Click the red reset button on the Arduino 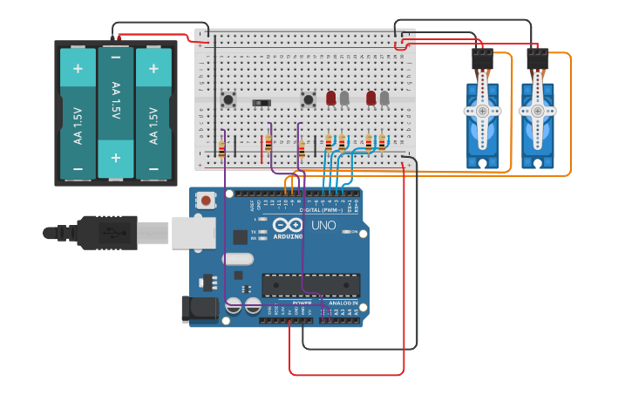[206, 201]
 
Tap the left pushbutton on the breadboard [229, 99]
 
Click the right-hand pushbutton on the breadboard [308, 99]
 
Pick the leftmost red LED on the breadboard [331, 98]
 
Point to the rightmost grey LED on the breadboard [384, 98]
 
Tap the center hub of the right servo [538, 111]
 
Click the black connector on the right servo [538, 59]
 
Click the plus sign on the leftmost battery [78, 69]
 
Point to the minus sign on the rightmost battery [153, 168]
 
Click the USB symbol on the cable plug [110, 233]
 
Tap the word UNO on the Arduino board [323, 225]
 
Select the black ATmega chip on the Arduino [310, 285]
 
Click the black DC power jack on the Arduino [198, 308]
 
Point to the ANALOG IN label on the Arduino [343, 303]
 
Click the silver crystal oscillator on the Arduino [237, 259]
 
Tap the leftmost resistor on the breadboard [221, 148]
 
